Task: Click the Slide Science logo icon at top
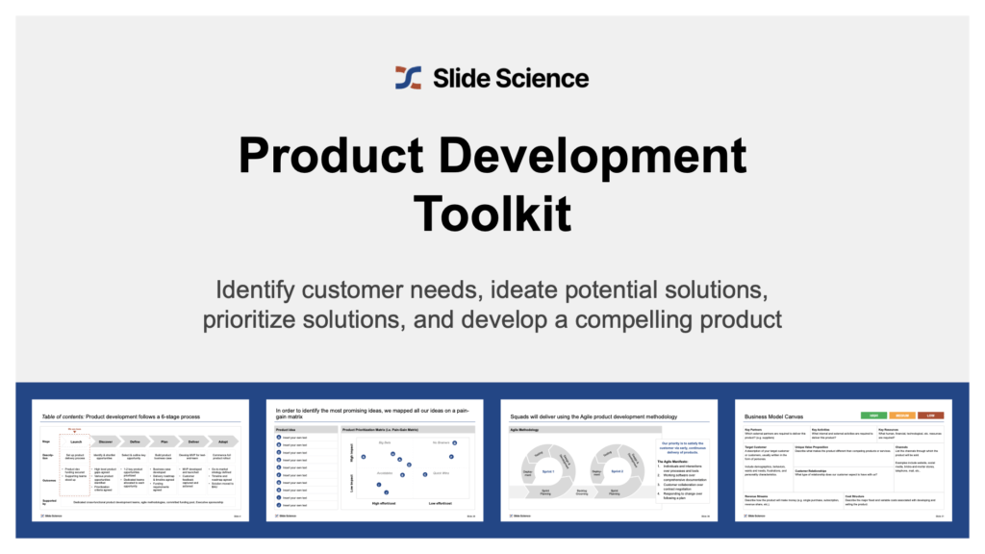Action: click(x=408, y=78)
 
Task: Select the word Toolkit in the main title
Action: click(x=492, y=211)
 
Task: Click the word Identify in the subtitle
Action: click(x=255, y=290)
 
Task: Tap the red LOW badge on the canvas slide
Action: click(x=930, y=415)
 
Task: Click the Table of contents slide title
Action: click(x=121, y=415)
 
